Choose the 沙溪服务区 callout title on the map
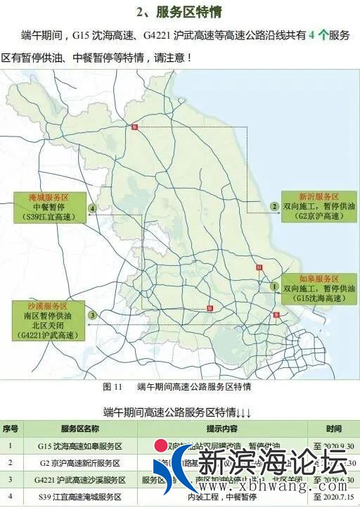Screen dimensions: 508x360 [x=49, y=307]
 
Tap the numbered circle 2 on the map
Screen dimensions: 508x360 [x=274, y=206]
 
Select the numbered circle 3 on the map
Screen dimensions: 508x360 [x=91, y=315]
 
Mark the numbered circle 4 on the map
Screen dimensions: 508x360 [x=92, y=208]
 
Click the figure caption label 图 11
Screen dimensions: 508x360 [x=112, y=386]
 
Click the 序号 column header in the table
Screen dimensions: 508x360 [x=11, y=428]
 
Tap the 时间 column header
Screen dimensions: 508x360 [x=334, y=428]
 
